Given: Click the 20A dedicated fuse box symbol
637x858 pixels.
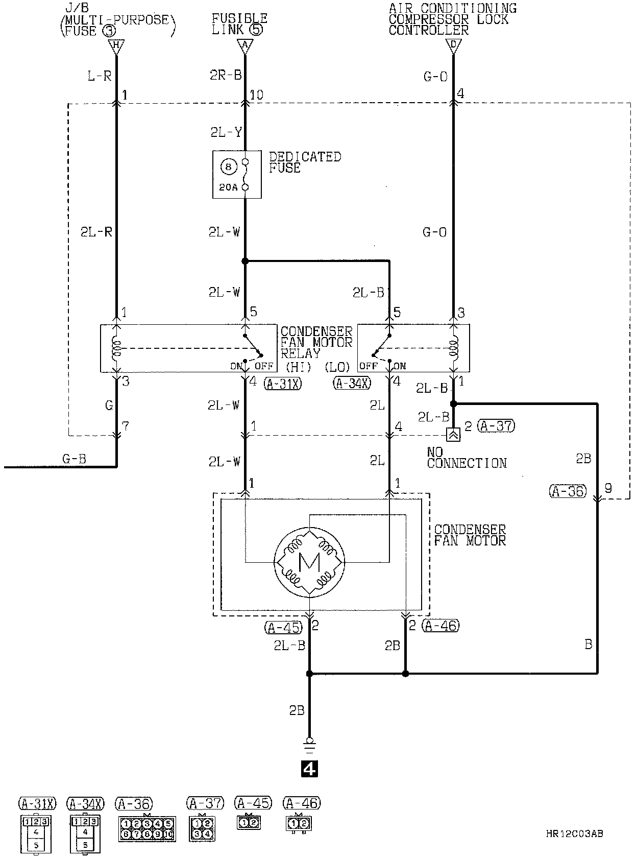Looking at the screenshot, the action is click(x=237, y=175).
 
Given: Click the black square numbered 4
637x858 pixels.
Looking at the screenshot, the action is click(x=309, y=768).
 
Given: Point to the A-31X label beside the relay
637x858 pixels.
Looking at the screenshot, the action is click(x=282, y=384).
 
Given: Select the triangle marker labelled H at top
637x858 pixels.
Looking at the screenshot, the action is click(x=116, y=46).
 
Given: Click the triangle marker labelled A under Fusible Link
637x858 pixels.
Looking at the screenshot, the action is click(x=245, y=46).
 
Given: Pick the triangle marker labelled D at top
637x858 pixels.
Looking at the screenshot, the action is click(x=453, y=46).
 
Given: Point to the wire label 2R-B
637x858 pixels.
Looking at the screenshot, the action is click(x=226, y=76).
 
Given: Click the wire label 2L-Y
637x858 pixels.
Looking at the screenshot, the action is click(x=226, y=132).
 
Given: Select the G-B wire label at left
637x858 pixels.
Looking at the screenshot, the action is click(x=74, y=459).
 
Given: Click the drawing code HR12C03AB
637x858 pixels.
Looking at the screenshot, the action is click(x=574, y=834).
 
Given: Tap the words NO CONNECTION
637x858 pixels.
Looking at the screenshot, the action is click(x=467, y=458).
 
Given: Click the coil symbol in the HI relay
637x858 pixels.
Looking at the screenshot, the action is click(x=116, y=348).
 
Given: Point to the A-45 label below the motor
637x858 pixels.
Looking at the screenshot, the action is click(x=283, y=627).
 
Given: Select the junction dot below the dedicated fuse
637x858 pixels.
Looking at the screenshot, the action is click(x=245, y=261).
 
